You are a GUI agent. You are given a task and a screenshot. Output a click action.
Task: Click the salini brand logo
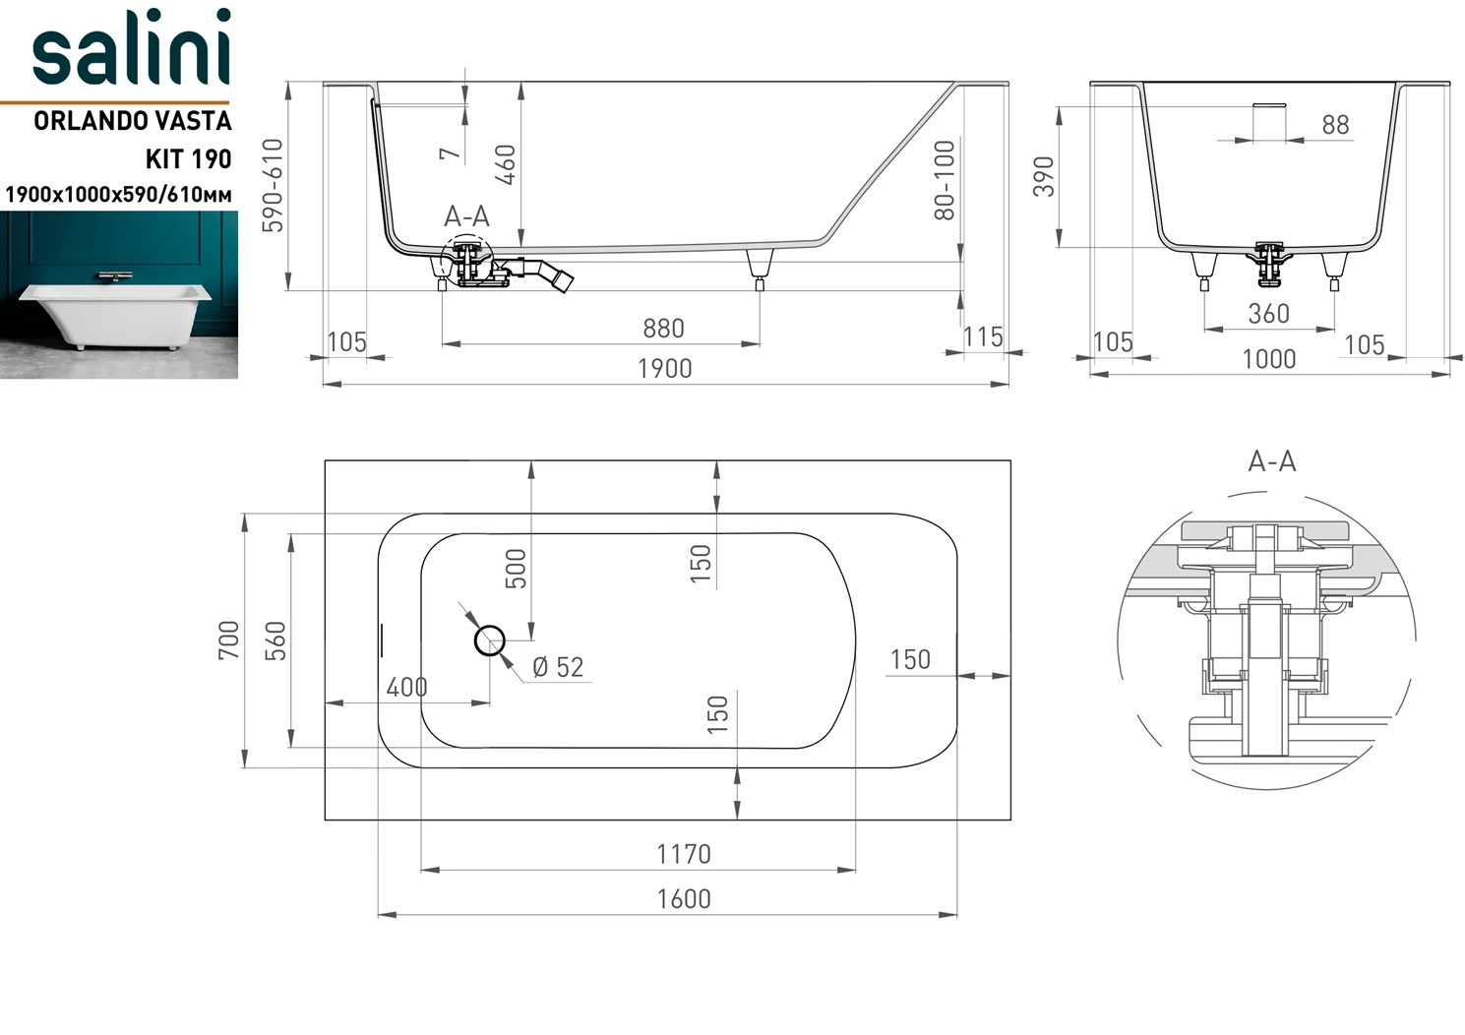click(x=131, y=49)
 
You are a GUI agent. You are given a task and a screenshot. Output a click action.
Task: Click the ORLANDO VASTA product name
click(x=133, y=121)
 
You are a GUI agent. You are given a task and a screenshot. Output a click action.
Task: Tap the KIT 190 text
click(x=188, y=158)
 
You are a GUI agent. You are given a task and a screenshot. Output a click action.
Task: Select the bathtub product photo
click(x=118, y=295)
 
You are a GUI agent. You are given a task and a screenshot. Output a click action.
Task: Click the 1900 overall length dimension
click(x=664, y=368)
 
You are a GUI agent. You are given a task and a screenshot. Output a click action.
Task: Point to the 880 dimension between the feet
click(x=663, y=328)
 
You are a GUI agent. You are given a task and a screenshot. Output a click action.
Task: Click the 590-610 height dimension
click(x=273, y=185)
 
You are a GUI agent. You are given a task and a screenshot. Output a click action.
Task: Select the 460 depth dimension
click(x=505, y=164)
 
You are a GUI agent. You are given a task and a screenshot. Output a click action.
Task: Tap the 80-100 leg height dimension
click(x=944, y=179)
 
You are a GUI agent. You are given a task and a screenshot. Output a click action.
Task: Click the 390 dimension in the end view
click(x=1044, y=176)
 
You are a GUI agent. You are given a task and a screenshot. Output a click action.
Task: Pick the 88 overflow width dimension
click(x=1335, y=125)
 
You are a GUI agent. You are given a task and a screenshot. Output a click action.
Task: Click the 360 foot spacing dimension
click(x=1268, y=314)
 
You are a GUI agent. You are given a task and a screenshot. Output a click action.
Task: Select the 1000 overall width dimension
click(x=1268, y=358)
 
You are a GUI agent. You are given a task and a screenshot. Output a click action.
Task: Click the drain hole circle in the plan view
click(x=490, y=640)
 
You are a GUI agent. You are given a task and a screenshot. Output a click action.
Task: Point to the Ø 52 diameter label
click(x=558, y=667)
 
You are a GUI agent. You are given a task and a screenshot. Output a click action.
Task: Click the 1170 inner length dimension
click(x=684, y=853)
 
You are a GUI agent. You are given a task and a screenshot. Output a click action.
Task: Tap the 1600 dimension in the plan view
click(x=684, y=898)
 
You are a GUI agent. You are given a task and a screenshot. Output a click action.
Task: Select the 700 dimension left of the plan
click(x=228, y=639)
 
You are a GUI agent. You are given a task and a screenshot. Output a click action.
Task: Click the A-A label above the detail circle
click(x=1271, y=460)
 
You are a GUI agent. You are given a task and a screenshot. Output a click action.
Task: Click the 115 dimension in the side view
click(x=982, y=336)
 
